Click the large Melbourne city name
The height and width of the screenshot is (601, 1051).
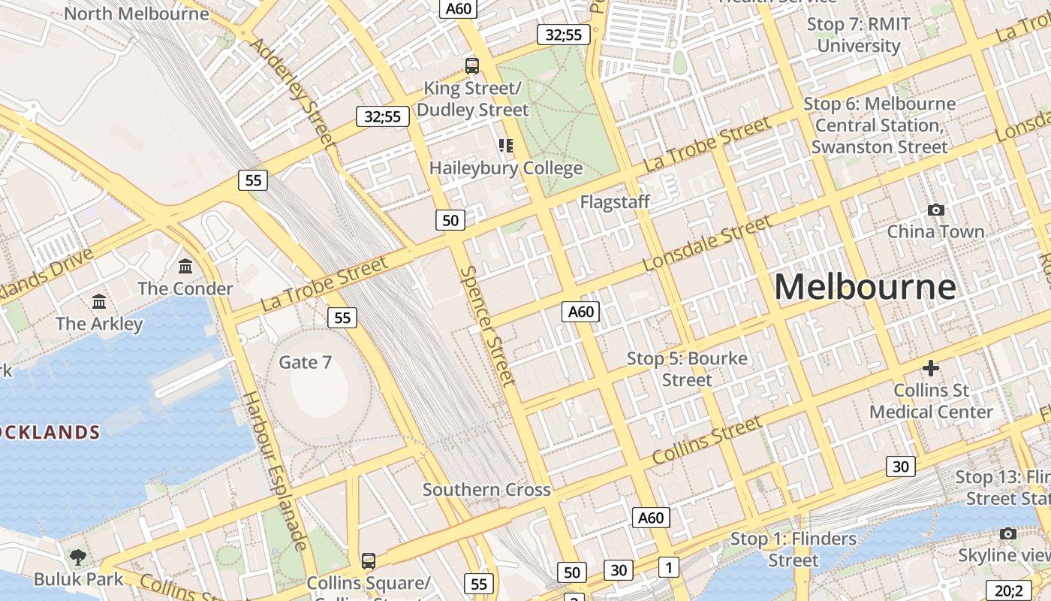[865, 287]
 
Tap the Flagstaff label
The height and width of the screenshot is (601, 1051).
[615, 202]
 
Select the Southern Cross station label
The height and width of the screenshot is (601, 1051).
[486, 490]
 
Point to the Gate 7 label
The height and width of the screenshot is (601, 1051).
[305, 362]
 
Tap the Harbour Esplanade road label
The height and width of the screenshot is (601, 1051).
[276, 470]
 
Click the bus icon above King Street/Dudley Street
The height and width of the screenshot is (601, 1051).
[472, 65]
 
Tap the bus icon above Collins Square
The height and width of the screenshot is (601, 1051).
[368, 560]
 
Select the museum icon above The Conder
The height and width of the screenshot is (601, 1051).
[185, 266]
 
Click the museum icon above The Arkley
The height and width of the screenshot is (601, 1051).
[98, 302]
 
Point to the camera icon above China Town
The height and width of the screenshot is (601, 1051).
[935, 210]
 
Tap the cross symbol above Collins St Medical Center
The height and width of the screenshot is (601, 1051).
[931, 368]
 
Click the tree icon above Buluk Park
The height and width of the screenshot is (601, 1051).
[77, 557]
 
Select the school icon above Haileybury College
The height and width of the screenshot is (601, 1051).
[506, 145]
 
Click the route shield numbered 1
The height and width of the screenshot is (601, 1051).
[668, 567]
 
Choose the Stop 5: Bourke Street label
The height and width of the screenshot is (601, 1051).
[687, 369]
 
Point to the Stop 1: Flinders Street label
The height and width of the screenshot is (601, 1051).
[794, 549]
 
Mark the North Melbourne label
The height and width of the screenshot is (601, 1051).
[136, 14]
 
